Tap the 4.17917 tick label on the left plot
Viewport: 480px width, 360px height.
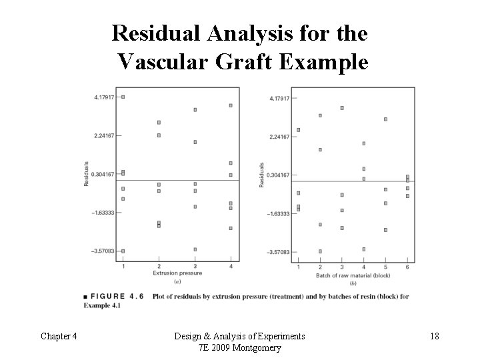pyautogui.click(x=103, y=97)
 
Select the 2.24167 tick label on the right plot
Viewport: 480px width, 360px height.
pyautogui.click(x=279, y=137)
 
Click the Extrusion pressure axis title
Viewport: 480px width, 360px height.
pyautogui.click(x=177, y=273)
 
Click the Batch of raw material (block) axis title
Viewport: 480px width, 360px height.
pyautogui.click(x=353, y=275)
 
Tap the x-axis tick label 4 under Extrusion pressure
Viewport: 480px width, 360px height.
pyautogui.click(x=231, y=266)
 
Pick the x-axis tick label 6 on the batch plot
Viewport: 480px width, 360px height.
pyautogui.click(x=407, y=267)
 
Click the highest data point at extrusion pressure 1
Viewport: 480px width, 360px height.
pyautogui.click(x=123, y=97)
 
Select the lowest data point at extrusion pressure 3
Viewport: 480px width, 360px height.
pyautogui.click(x=195, y=249)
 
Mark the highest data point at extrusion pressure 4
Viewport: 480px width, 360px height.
pyautogui.click(x=231, y=105)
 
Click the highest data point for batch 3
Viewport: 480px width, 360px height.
pyautogui.click(x=342, y=107)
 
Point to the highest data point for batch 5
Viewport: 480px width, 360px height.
pyautogui.click(x=385, y=119)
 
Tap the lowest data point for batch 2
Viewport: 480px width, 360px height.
pyautogui.click(x=320, y=251)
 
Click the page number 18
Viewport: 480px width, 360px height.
pyautogui.click(x=434, y=336)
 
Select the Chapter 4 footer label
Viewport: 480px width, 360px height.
pyautogui.click(x=59, y=336)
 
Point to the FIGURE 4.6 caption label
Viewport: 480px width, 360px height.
pyautogui.click(x=112, y=296)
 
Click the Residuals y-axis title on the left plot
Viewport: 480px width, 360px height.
pyautogui.click(x=86, y=173)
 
